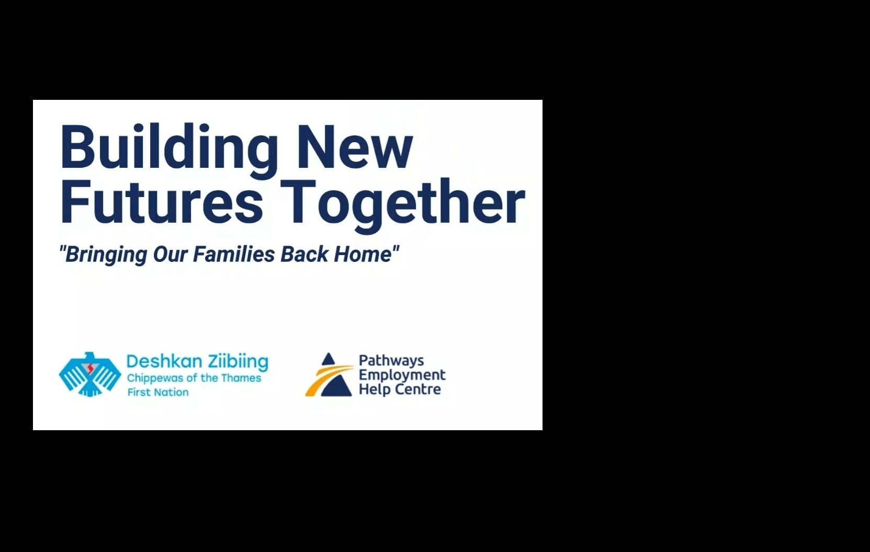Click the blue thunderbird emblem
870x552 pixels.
click(89, 374)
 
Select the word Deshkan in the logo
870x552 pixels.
click(165, 361)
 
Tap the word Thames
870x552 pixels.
click(241, 378)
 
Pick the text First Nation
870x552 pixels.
click(158, 392)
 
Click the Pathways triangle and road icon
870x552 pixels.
click(330, 375)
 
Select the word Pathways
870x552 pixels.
click(391, 361)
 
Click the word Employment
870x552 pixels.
click(402, 376)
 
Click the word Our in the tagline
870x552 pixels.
click(170, 254)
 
